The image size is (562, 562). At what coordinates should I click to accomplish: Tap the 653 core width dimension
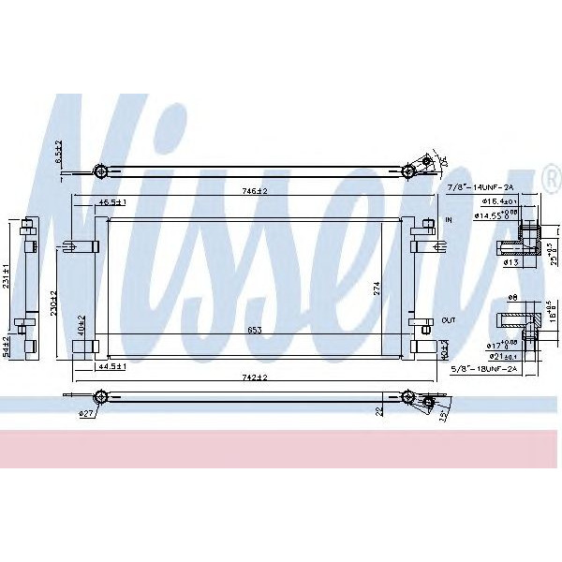pyautogui.click(x=253, y=330)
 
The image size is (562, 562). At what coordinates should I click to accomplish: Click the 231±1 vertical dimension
pyautogui.click(x=8, y=273)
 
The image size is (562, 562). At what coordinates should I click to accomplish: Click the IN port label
pyautogui.click(x=449, y=219)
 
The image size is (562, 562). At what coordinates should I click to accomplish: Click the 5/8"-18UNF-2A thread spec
pyautogui.click(x=484, y=369)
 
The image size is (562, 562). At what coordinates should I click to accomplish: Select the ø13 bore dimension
pyautogui.click(x=511, y=263)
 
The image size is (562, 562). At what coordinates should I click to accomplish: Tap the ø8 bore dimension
pyautogui.click(x=512, y=298)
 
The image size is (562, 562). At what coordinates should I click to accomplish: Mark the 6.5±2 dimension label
pyautogui.click(x=57, y=153)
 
